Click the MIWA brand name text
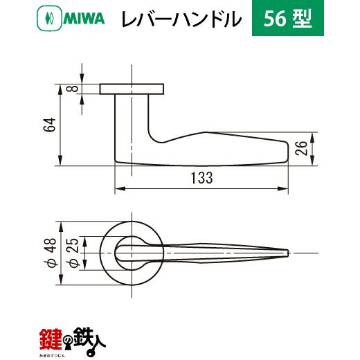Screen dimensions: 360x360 [84, 19]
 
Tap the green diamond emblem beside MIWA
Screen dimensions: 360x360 [49, 19]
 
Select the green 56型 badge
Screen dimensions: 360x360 [288, 18]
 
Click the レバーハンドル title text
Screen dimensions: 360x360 [181, 19]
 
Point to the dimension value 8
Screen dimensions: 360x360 [74, 89]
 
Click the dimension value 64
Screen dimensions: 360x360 [50, 125]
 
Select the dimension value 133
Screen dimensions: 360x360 [202, 178]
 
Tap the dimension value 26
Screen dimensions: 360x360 [302, 148]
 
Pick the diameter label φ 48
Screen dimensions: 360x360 [50, 253]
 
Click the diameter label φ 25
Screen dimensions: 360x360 [72, 253]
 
